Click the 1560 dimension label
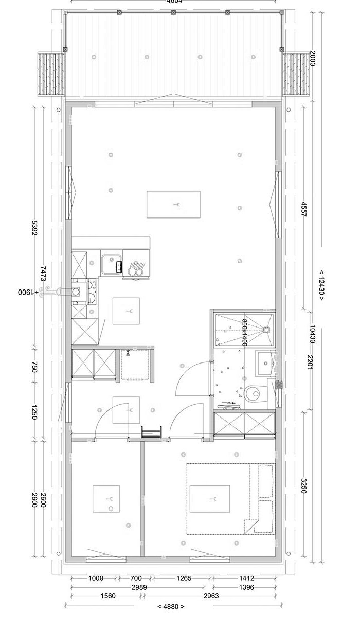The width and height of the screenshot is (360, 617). point(106,596)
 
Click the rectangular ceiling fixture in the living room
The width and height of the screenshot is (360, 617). point(173,204)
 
